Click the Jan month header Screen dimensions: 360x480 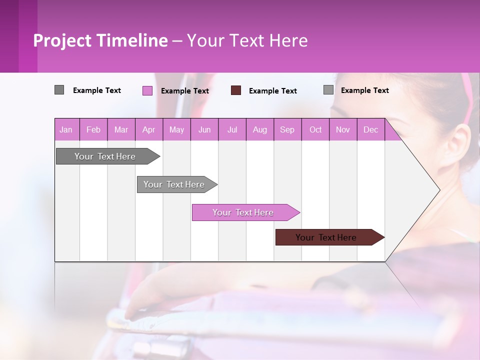(x=66, y=129)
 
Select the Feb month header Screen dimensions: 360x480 (x=93, y=129)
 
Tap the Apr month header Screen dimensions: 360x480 (x=149, y=129)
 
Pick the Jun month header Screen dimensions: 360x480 (x=204, y=129)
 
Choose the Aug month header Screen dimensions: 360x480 (x=260, y=129)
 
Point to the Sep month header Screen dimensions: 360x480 (x=287, y=129)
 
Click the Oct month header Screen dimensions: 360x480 (x=315, y=129)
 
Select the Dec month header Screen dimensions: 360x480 (x=371, y=129)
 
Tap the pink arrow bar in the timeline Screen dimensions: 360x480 (x=244, y=212)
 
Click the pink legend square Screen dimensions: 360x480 (x=147, y=90)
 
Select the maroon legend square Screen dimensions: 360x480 (x=236, y=90)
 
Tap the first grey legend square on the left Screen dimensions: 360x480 (x=59, y=90)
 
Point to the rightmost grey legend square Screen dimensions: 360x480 (x=328, y=90)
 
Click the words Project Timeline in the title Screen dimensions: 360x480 (x=100, y=40)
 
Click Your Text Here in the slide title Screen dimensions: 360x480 (x=247, y=40)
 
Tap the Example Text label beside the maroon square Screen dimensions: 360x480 (x=272, y=91)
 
